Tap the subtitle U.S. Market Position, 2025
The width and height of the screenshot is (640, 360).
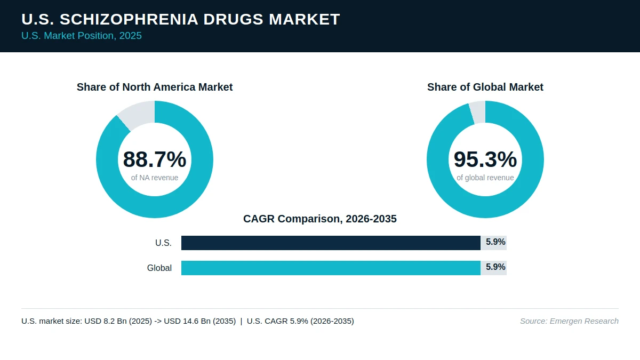(x=82, y=36)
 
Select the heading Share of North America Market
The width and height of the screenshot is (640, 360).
(x=155, y=87)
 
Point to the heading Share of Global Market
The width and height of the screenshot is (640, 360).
(x=485, y=87)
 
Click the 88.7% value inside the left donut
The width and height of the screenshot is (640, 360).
(x=155, y=159)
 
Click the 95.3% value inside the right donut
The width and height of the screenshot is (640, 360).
(x=485, y=159)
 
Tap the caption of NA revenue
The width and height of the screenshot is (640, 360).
(x=155, y=178)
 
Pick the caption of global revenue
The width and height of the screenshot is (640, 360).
(x=485, y=178)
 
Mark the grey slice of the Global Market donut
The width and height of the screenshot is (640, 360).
(x=478, y=112)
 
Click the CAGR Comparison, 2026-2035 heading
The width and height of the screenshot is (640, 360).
(x=320, y=219)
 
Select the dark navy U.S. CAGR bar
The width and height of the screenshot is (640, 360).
(x=331, y=243)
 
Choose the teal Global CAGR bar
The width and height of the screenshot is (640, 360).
(x=331, y=268)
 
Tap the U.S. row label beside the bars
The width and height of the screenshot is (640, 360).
(x=163, y=243)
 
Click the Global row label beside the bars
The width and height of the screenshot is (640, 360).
(x=159, y=268)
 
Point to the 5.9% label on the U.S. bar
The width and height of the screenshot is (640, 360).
(x=495, y=242)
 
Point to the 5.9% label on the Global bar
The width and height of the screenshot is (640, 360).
(x=495, y=267)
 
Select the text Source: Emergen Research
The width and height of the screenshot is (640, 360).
(x=569, y=321)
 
